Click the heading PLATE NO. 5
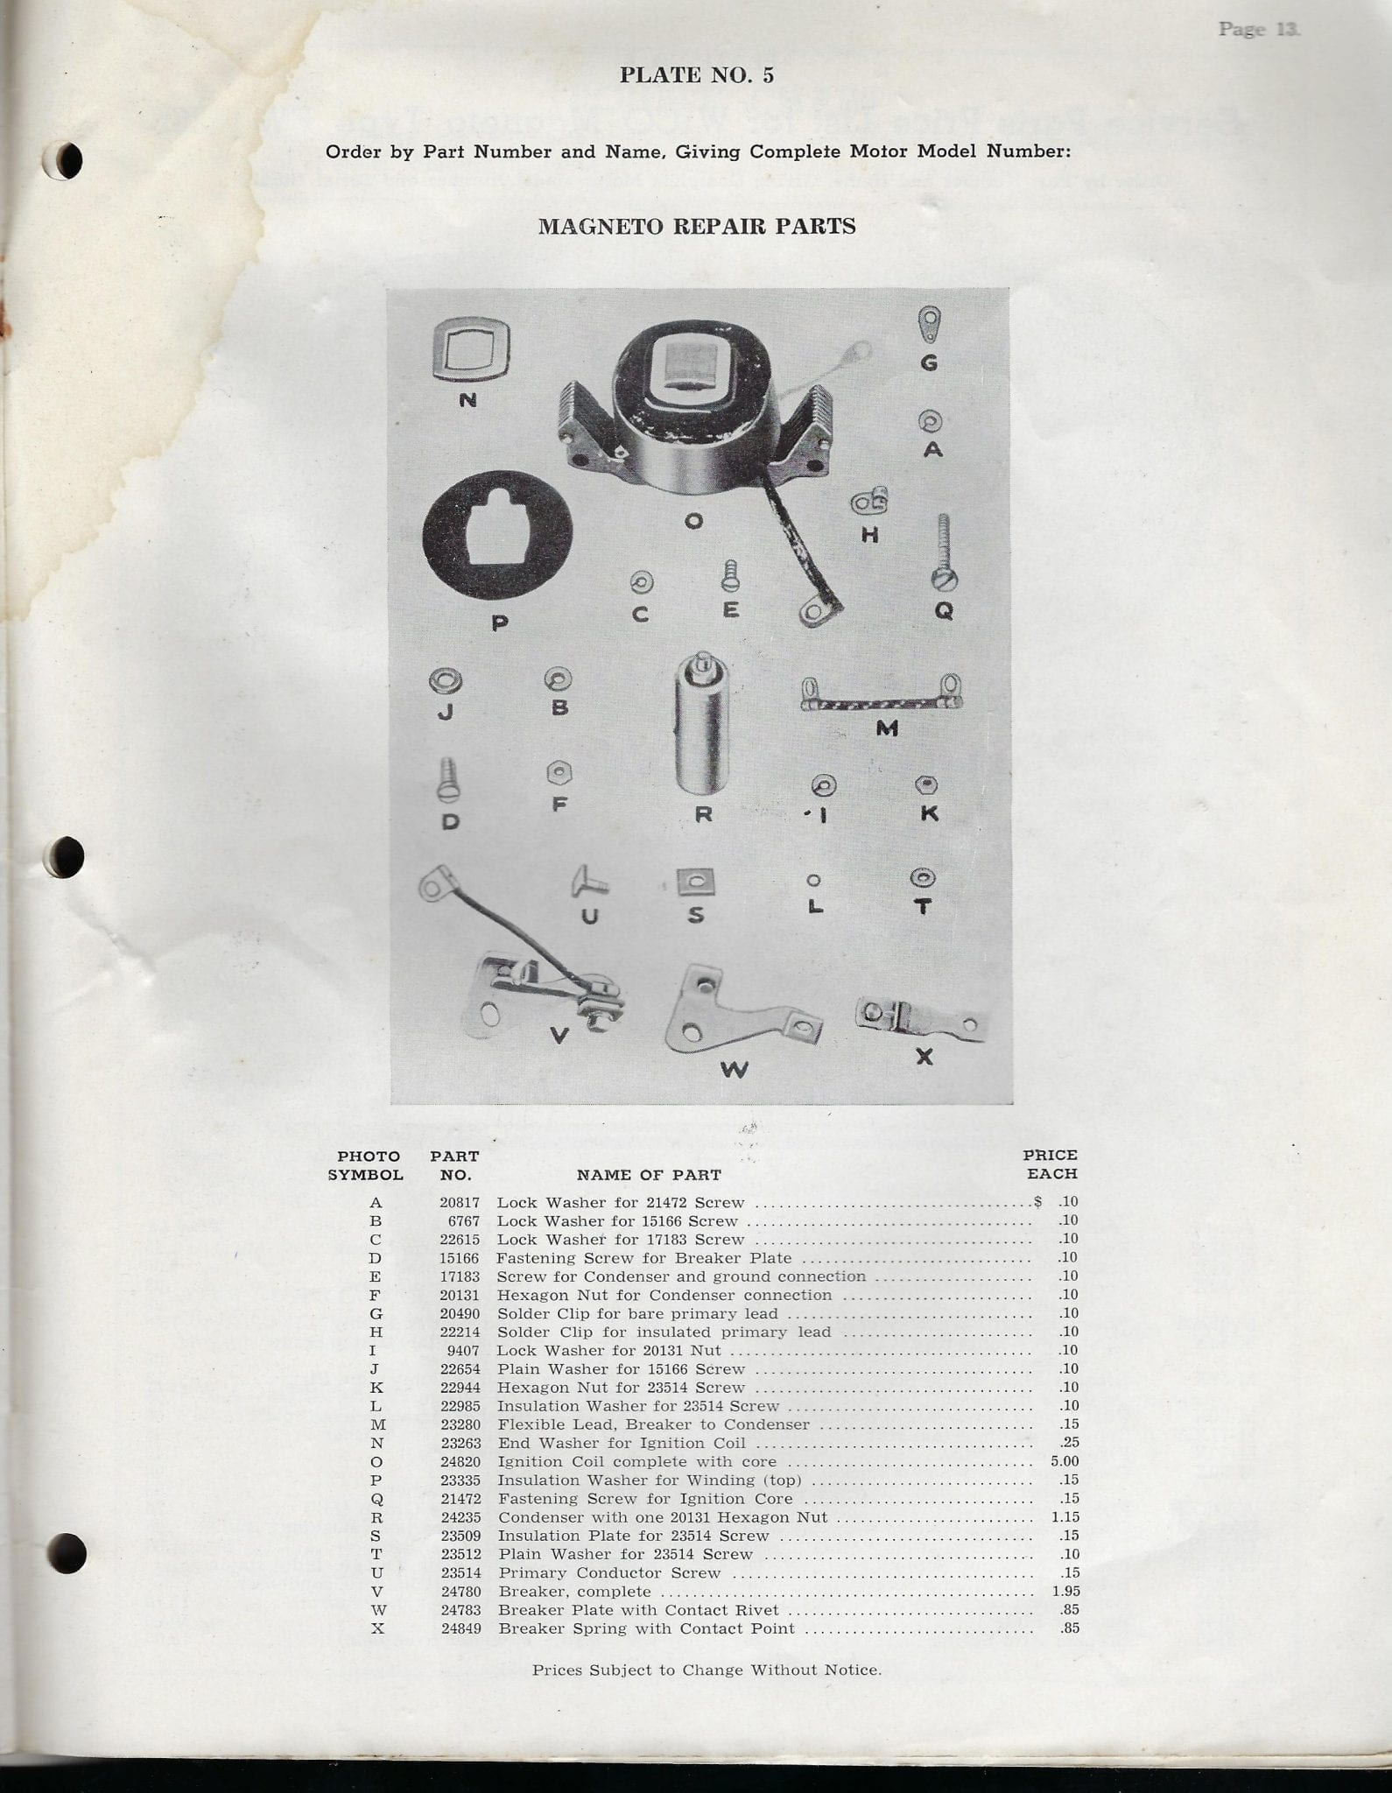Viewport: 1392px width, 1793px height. [x=696, y=75]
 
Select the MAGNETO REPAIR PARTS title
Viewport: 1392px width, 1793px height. [x=696, y=226]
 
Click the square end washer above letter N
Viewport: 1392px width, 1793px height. [x=471, y=350]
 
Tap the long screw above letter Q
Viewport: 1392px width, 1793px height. [x=944, y=552]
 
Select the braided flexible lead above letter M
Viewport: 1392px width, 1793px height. [x=882, y=698]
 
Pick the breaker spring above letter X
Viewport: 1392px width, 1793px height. [x=919, y=1019]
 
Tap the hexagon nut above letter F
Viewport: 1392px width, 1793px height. [x=559, y=773]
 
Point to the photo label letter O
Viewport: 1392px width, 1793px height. [x=693, y=522]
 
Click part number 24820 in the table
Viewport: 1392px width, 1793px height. [x=460, y=1462]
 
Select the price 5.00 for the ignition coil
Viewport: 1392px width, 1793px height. [x=1064, y=1462]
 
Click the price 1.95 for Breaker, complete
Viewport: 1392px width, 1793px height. [x=1065, y=1592]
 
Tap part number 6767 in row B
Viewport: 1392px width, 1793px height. [x=463, y=1220]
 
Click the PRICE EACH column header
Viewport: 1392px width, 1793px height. [x=1051, y=1164]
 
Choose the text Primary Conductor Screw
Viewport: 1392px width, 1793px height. [x=609, y=1573]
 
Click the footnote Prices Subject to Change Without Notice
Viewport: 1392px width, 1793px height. [x=707, y=1670]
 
